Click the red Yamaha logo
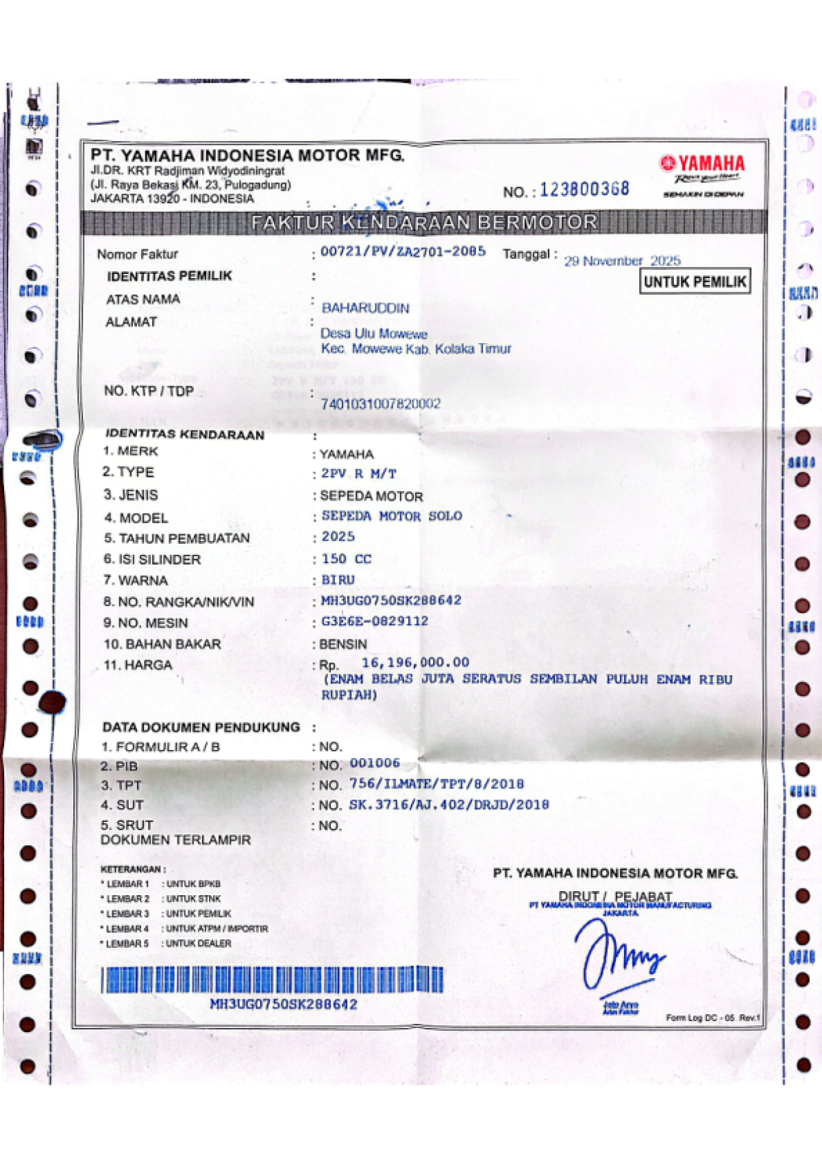pyautogui.click(x=702, y=163)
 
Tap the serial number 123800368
pyautogui.click(x=584, y=190)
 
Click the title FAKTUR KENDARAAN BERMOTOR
pyautogui.click(x=424, y=223)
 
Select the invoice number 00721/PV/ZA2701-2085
pyautogui.click(x=403, y=251)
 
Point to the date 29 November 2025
pyautogui.click(x=622, y=261)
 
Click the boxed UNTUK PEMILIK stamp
pyautogui.click(x=695, y=281)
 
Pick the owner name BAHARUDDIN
pyautogui.click(x=365, y=308)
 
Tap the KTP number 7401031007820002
pyautogui.click(x=380, y=404)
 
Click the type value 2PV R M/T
pyautogui.click(x=359, y=474)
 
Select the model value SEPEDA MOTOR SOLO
pyautogui.click(x=392, y=516)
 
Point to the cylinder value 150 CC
pyautogui.click(x=347, y=559)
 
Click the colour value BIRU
pyautogui.click(x=338, y=580)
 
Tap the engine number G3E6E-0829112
pyautogui.click(x=375, y=621)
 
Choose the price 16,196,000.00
pyautogui.click(x=415, y=662)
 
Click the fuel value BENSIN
pyautogui.click(x=343, y=644)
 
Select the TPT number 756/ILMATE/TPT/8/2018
pyautogui.click(x=436, y=784)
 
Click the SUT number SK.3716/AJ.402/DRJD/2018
pyautogui.click(x=449, y=805)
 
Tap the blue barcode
pyautogui.click(x=272, y=980)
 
